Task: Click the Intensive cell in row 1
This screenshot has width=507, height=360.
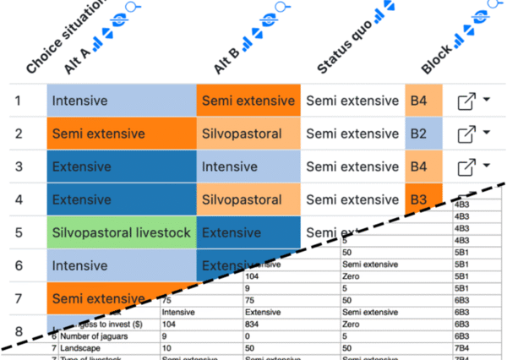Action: [x=122, y=101]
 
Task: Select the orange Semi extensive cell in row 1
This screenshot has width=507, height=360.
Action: [x=249, y=101]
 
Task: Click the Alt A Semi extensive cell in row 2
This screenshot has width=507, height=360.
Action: [x=122, y=134]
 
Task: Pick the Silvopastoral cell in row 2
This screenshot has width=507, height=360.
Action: [x=249, y=134]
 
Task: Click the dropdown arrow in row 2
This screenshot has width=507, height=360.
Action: [x=488, y=133]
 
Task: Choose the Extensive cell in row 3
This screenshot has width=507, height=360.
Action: [x=122, y=166]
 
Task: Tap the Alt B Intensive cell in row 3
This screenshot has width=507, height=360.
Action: [x=249, y=166]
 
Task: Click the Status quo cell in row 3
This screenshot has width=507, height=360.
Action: [x=352, y=166]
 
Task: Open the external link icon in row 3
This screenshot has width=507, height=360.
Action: [x=466, y=167]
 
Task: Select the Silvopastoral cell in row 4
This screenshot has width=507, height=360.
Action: [x=249, y=200]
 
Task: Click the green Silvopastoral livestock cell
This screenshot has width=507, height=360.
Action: [x=122, y=232]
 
